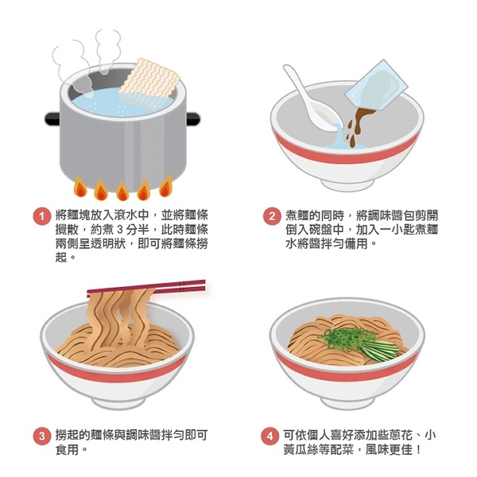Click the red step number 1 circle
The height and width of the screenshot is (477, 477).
click(41, 216)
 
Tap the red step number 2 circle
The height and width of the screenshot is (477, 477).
click(272, 216)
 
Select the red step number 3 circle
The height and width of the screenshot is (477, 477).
click(41, 436)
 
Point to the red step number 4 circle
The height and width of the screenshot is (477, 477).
click(270, 436)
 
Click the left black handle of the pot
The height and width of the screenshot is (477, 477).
click(52, 118)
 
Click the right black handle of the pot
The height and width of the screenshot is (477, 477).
click(193, 118)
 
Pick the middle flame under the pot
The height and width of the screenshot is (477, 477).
click(122, 191)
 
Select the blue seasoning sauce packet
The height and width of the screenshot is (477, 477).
click(377, 85)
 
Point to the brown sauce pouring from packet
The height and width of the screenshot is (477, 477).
click(359, 125)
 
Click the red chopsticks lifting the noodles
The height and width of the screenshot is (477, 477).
click(146, 288)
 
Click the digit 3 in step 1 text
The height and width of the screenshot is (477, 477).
click(119, 230)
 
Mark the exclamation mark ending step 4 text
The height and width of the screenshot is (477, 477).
click(419, 450)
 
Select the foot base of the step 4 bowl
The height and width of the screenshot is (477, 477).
click(347, 402)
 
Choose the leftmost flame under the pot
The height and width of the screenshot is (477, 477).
click(80, 187)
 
